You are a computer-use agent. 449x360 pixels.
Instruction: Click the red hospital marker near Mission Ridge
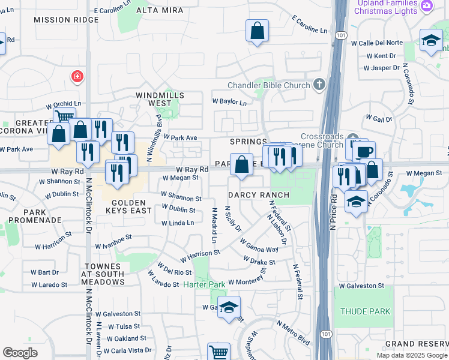[x=77, y=76]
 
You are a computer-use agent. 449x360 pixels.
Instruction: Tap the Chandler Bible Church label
[x=269, y=86]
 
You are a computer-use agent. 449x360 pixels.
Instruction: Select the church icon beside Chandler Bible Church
[x=318, y=85]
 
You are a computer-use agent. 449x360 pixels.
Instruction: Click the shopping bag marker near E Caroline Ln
[x=257, y=31]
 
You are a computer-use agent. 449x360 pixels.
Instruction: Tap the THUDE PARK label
[x=365, y=311]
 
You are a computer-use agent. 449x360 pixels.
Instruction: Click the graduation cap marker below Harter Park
[x=229, y=308]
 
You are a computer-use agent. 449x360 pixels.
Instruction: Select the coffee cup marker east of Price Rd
[x=364, y=152]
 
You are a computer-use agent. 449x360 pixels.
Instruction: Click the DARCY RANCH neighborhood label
[x=259, y=195]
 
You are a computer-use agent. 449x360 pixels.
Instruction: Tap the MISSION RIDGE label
[x=65, y=20]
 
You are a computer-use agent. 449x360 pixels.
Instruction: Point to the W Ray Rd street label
[x=192, y=170]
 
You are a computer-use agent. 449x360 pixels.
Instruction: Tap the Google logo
[x=20, y=353]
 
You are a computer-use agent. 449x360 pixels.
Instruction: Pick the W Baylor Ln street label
[x=229, y=103]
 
